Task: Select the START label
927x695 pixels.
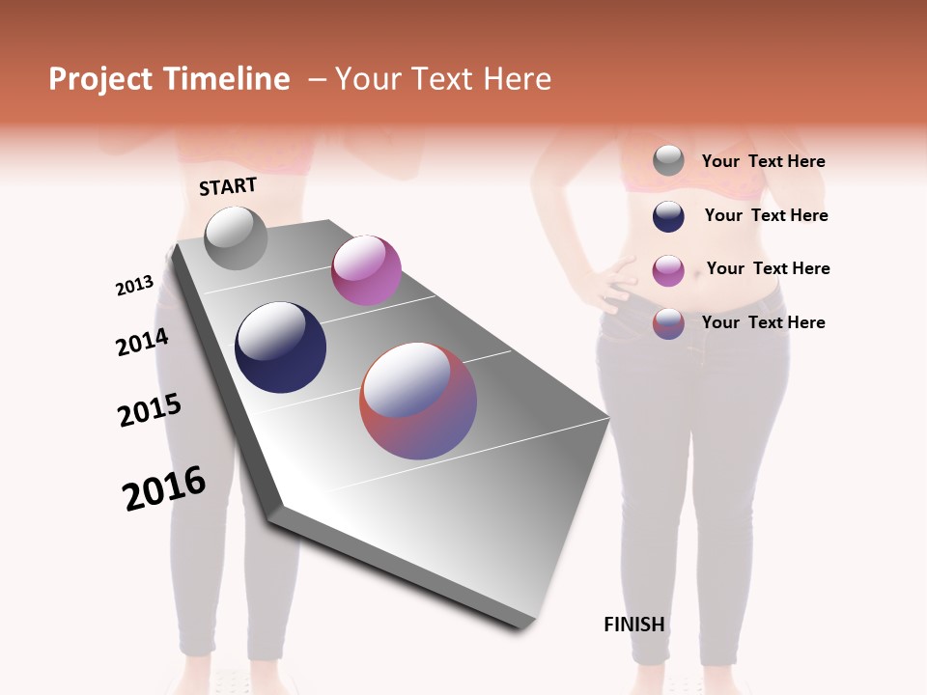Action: click(x=228, y=186)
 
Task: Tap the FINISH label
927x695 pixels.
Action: click(x=634, y=625)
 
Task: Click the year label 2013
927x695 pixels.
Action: click(x=134, y=286)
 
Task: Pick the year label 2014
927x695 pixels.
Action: click(x=142, y=342)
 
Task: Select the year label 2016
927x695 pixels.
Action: click(x=164, y=488)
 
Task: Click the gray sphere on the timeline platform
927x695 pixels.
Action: click(x=237, y=238)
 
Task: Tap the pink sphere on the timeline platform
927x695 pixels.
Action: click(x=366, y=270)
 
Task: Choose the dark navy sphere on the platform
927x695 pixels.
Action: click(x=281, y=347)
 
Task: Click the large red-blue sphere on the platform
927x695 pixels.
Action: click(x=418, y=401)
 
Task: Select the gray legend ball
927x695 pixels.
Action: click(x=668, y=161)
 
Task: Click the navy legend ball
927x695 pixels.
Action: click(x=668, y=216)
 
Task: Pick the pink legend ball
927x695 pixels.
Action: click(x=668, y=270)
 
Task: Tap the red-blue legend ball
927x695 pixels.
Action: click(x=668, y=323)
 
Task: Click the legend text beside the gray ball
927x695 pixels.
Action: click(x=763, y=161)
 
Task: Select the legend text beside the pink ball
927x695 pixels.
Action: click(x=768, y=268)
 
